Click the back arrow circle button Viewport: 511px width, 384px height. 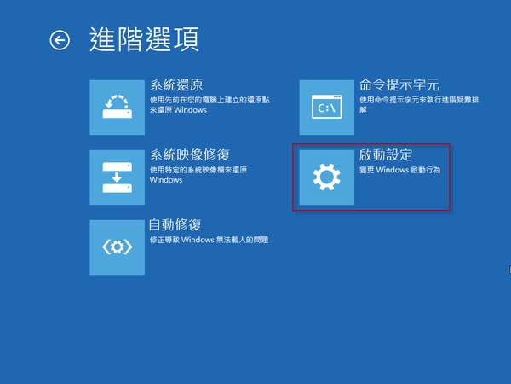pyautogui.click(x=60, y=40)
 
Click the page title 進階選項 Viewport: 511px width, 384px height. pyautogui.click(x=145, y=39)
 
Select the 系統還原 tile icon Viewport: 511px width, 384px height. pyautogui.click(x=118, y=108)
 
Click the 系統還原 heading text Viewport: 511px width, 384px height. pyautogui.click(x=176, y=85)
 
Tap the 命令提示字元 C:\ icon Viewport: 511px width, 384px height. pyautogui.click(x=327, y=108)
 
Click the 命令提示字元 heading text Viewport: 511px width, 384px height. pyautogui.click(x=399, y=84)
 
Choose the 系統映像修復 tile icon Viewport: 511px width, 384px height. pyautogui.click(x=118, y=177)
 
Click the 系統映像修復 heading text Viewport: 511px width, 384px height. pyautogui.click(x=190, y=155)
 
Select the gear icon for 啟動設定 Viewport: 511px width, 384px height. pyautogui.click(x=327, y=177)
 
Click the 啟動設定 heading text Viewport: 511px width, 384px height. pyautogui.click(x=386, y=155)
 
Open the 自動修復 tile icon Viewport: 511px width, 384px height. pyautogui.click(x=118, y=247)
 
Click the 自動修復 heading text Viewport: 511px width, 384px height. pyautogui.click(x=175, y=225)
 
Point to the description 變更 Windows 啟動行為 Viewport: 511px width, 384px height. pyautogui.click(x=400, y=170)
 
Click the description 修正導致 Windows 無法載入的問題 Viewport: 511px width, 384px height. pyautogui.click(x=210, y=240)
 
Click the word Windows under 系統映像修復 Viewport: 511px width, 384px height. pyautogui.click(x=166, y=180)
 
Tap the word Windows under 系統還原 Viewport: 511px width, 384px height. pyautogui.click(x=190, y=110)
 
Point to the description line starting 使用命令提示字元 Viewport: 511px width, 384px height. pyautogui.click(x=419, y=100)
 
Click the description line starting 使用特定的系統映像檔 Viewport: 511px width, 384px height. pyautogui.click(x=198, y=170)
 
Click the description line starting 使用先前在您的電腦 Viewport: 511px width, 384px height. pyautogui.click(x=210, y=100)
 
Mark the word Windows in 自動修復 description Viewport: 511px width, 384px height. pyautogui.click(x=198, y=240)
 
